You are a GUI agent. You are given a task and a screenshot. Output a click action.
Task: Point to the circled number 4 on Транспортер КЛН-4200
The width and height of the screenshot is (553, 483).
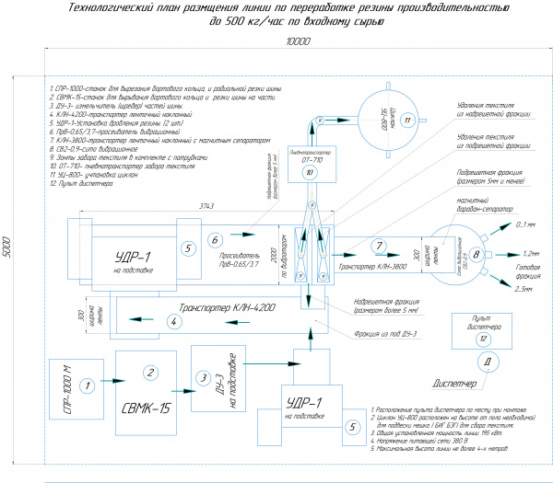tap(171, 321)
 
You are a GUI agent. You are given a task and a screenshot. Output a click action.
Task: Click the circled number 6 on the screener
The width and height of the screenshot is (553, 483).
tap(215, 240)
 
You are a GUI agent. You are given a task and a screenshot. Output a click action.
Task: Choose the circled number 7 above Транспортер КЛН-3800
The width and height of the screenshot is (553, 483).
tap(377, 246)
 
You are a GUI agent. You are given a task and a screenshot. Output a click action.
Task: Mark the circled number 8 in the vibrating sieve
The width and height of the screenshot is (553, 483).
tap(477, 254)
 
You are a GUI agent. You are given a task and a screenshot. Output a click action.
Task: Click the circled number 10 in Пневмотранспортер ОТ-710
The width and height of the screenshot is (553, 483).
tap(310, 172)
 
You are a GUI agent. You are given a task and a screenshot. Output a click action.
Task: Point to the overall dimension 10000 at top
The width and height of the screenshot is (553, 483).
tap(294, 43)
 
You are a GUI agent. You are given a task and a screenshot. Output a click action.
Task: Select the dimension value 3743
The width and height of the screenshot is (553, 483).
tap(196, 205)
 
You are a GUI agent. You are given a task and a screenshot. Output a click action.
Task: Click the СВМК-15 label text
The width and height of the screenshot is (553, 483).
tap(145, 404)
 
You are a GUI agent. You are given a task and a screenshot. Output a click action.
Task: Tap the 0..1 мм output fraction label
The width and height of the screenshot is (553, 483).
tap(526, 225)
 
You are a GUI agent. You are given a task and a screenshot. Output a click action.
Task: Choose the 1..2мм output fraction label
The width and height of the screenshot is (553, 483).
tap(530, 252)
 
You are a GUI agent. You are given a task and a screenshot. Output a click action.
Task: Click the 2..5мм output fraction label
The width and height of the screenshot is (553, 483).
tap(525, 290)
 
